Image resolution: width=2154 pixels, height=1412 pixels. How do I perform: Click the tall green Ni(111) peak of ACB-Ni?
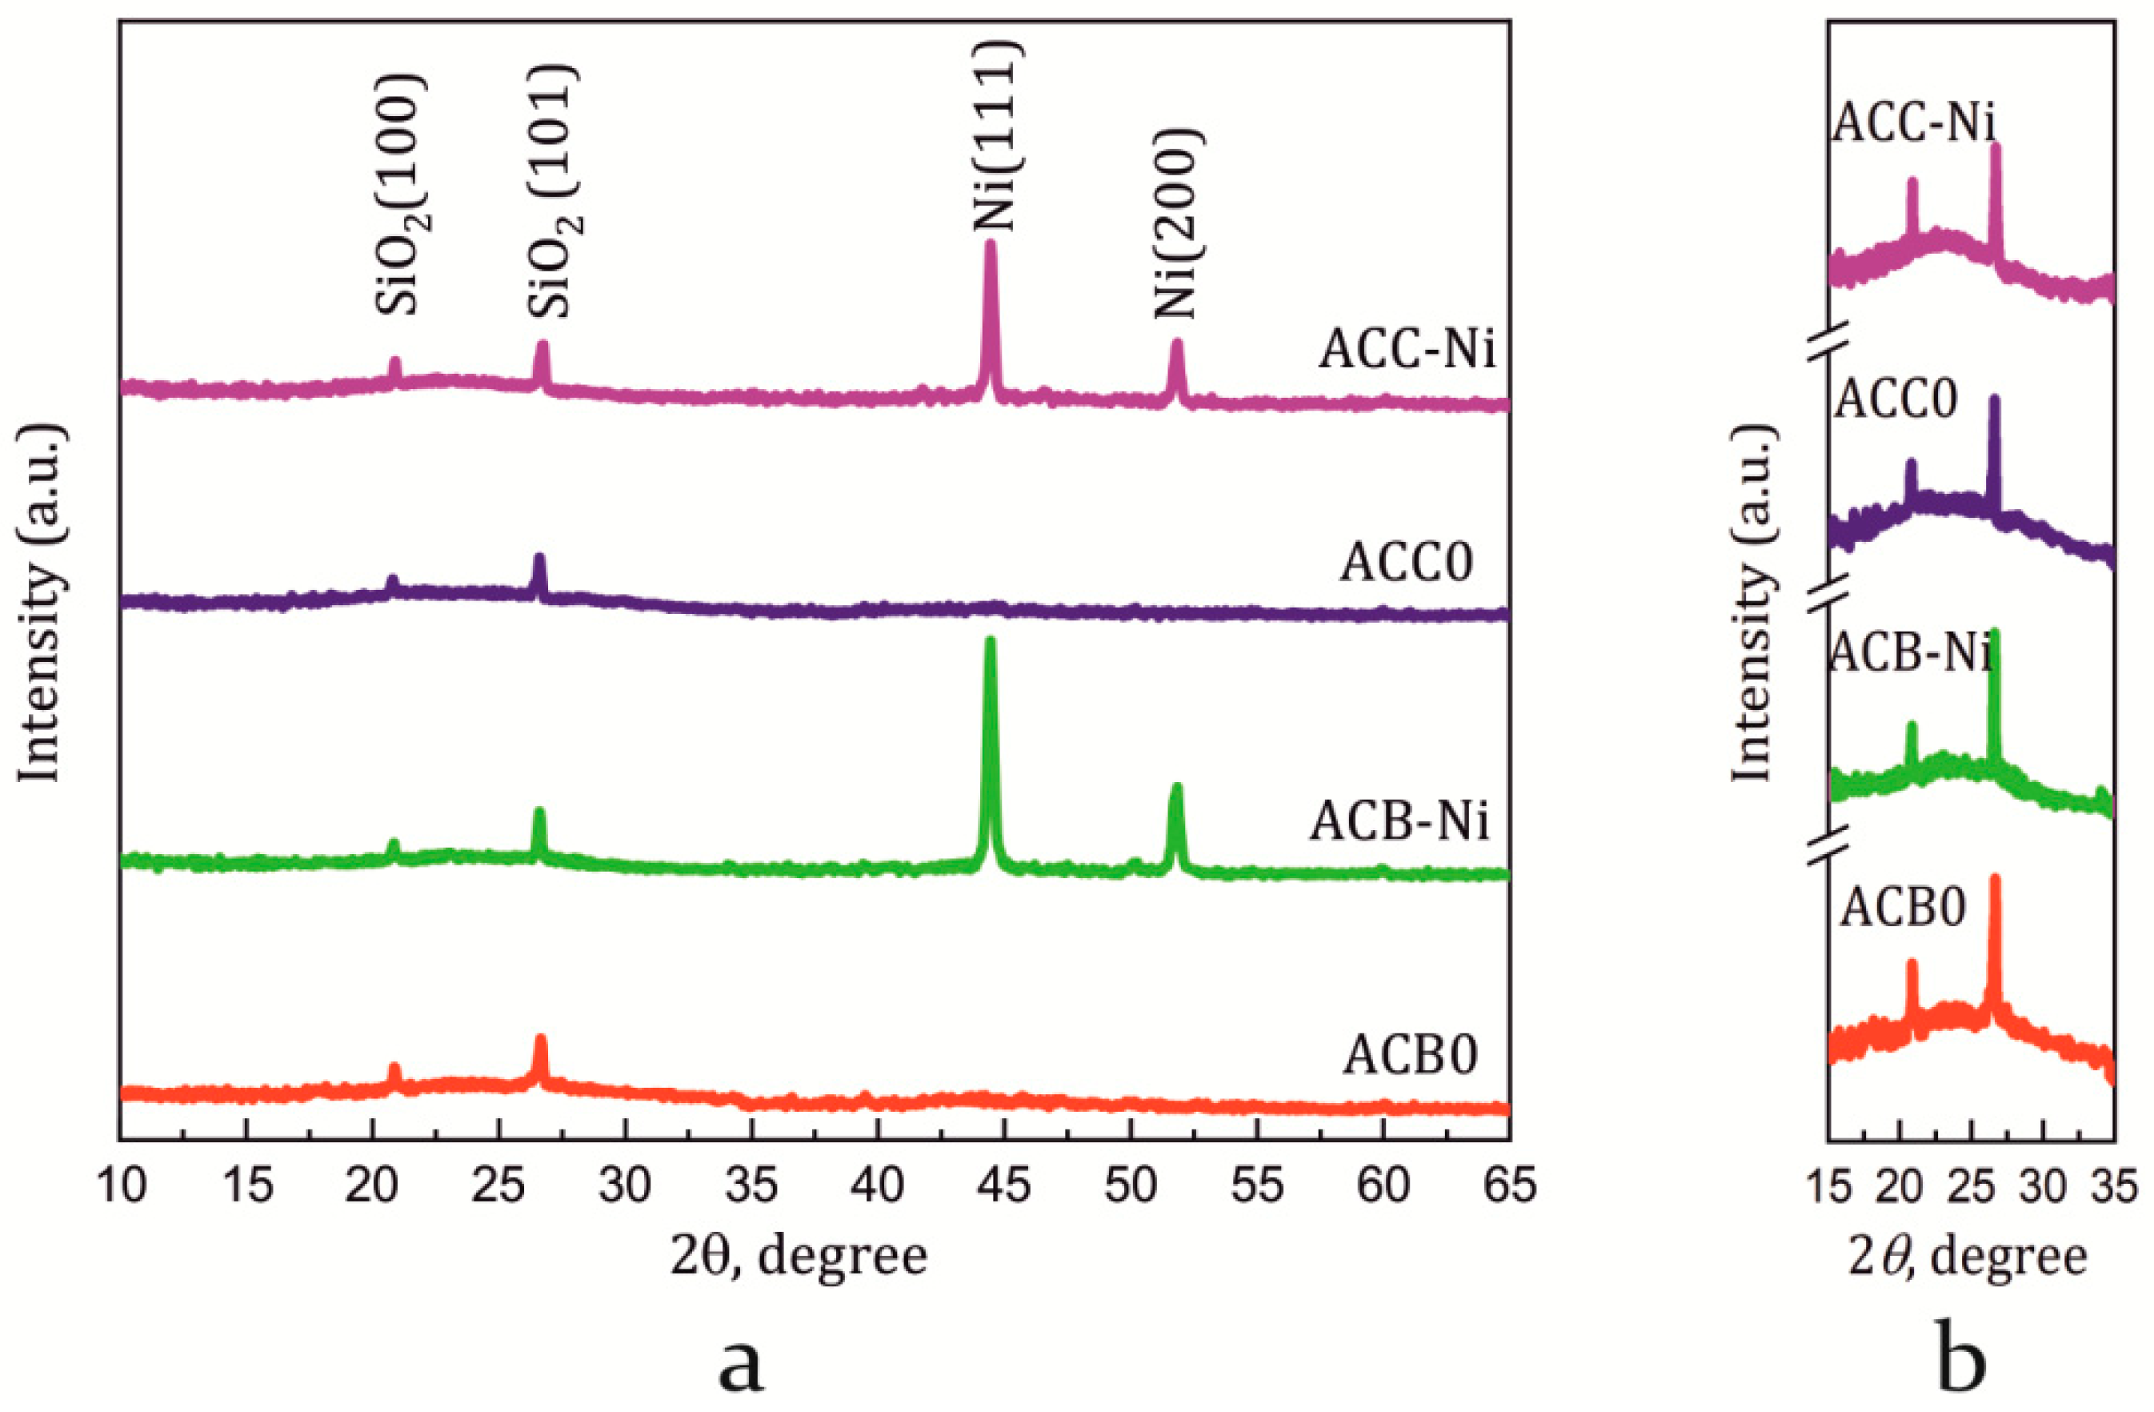(x=989, y=652)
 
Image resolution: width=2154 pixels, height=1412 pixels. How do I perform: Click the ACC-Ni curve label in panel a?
(x=1407, y=351)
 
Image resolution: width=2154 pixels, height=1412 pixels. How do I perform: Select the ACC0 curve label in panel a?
(x=1407, y=562)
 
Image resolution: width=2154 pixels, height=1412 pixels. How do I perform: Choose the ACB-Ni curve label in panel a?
(x=1399, y=822)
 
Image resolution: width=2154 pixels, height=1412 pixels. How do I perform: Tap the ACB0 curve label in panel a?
(x=1409, y=1054)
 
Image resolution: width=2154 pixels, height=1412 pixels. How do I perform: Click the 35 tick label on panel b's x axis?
(x=2114, y=1186)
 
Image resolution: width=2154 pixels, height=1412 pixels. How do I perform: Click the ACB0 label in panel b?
(x=1904, y=908)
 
